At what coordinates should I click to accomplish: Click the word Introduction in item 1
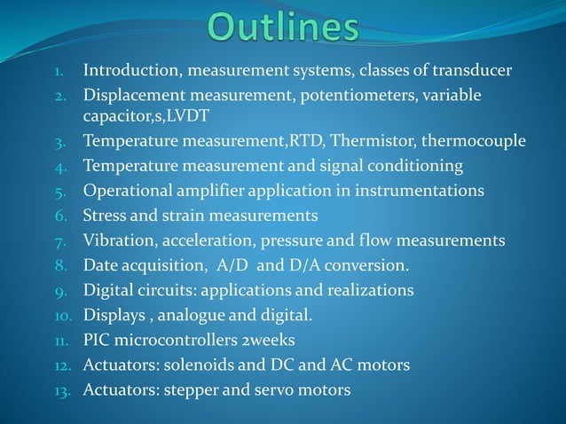click(x=129, y=70)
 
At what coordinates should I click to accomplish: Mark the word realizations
click(x=372, y=290)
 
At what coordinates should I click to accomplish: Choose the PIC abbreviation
click(x=97, y=340)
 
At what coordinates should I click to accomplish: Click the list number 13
click(x=64, y=391)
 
